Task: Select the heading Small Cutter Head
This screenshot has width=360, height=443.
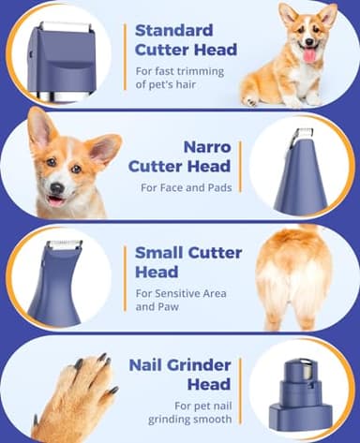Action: point(187,261)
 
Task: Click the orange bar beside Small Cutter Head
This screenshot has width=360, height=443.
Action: point(126,276)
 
